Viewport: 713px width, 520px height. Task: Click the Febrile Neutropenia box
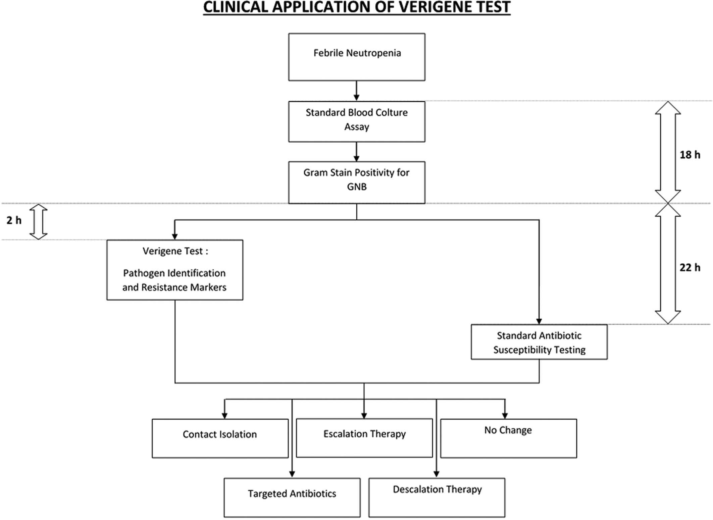pyautogui.click(x=357, y=57)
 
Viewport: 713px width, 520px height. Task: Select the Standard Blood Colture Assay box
pyautogui.click(x=357, y=121)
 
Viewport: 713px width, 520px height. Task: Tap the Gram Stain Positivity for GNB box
pyautogui.click(x=357, y=183)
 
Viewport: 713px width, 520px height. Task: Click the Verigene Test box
pyautogui.click(x=175, y=270)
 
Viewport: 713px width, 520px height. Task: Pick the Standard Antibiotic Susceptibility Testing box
pyautogui.click(x=539, y=342)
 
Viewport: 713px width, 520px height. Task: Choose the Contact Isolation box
pyautogui.click(x=220, y=438)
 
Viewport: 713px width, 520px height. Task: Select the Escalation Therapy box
pyautogui.click(x=364, y=438)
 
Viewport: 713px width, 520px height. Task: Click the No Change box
pyautogui.click(x=509, y=438)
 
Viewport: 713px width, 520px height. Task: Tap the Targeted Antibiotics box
pyautogui.click(x=292, y=498)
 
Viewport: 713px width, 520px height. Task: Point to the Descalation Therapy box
pyautogui.click(x=437, y=498)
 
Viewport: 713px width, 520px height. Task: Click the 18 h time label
pyautogui.click(x=690, y=155)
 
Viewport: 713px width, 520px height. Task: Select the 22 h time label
pyautogui.click(x=690, y=267)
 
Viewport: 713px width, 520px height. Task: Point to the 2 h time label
pyautogui.click(x=14, y=220)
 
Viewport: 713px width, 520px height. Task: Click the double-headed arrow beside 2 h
pyautogui.click(x=38, y=222)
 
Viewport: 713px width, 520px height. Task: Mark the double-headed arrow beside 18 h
pyautogui.click(x=668, y=152)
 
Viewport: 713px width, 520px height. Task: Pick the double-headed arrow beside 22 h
pyautogui.click(x=668, y=264)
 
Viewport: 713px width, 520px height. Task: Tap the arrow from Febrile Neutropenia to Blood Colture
pyautogui.click(x=357, y=91)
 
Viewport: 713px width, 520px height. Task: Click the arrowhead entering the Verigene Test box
pyautogui.click(x=175, y=236)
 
